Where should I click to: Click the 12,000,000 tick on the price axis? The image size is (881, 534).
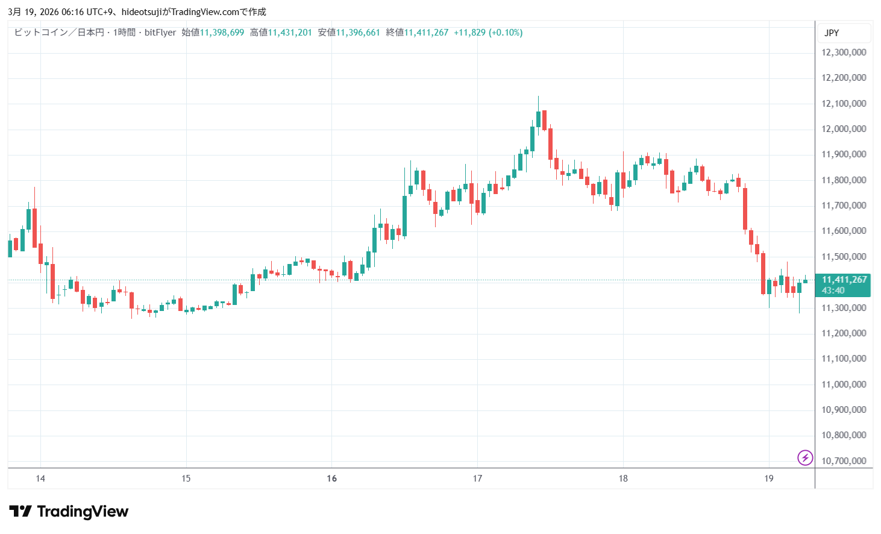pyautogui.click(x=844, y=129)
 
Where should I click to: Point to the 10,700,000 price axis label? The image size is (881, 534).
pyautogui.click(x=844, y=461)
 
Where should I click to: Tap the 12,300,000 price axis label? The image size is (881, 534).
pyautogui.click(x=844, y=52)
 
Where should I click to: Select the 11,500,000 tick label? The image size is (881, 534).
pyautogui.click(x=844, y=257)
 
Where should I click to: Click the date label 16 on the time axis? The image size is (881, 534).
pyautogui.click(x=331, y=479)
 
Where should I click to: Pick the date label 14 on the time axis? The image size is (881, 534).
pyautogui.click(x=40, y=479)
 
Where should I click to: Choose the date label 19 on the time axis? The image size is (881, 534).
pyautogui.click(x=768, y=479)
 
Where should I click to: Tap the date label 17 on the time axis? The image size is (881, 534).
pyautogui.click(x=477, y=479)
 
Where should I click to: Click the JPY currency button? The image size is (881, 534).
pyautogui.click(x=832, y=33)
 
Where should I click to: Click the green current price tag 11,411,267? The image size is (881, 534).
pyautogui.click(x=844, y=280)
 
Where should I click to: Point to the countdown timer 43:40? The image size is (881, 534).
pyautogui.click(x=833, y=291)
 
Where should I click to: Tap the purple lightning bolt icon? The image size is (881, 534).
pyautogui.click(x=805, y=457)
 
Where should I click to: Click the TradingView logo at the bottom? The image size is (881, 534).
pyautogui.click(x=69, y=512)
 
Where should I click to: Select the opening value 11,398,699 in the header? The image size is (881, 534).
pyautogui.click(x=222, y=33)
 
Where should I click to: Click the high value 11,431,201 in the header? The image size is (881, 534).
pyautogui.click(x=290, y=33)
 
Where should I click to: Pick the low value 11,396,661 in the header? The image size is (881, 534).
pyautogui.click(x=358, y=33)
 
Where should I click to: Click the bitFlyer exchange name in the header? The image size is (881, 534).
pyautogui.click(x=160, y=33)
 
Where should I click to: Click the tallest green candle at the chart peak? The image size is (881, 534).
pyautogui.click(x=538, y=119)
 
